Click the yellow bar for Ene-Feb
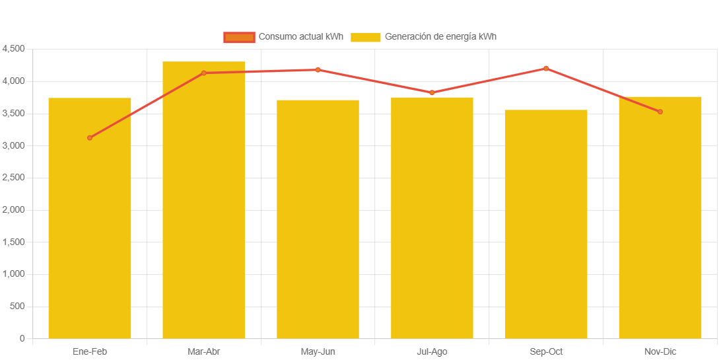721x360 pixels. [90, 218]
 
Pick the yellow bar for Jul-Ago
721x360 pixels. [432, 218]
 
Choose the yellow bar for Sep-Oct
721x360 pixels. [546, 224]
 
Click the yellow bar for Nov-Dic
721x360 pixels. [660, 217]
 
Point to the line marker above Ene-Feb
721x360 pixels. [90, 137]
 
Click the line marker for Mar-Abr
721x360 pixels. [203, 73]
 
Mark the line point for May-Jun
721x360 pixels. [318, 69]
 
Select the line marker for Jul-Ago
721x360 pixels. [432, 92]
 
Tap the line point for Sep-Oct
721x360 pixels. [546, 68]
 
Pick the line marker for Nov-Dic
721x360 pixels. [660, 112]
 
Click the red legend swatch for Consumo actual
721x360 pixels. [239, 37]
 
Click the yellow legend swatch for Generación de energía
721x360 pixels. [365, 37]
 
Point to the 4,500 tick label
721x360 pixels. [13, 49]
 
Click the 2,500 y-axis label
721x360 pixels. [13, 178]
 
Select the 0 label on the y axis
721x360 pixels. [22, 338]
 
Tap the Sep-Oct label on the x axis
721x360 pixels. [546, 351]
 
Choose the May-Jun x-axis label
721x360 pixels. [318, 351]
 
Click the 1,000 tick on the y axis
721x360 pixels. [13, 274]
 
